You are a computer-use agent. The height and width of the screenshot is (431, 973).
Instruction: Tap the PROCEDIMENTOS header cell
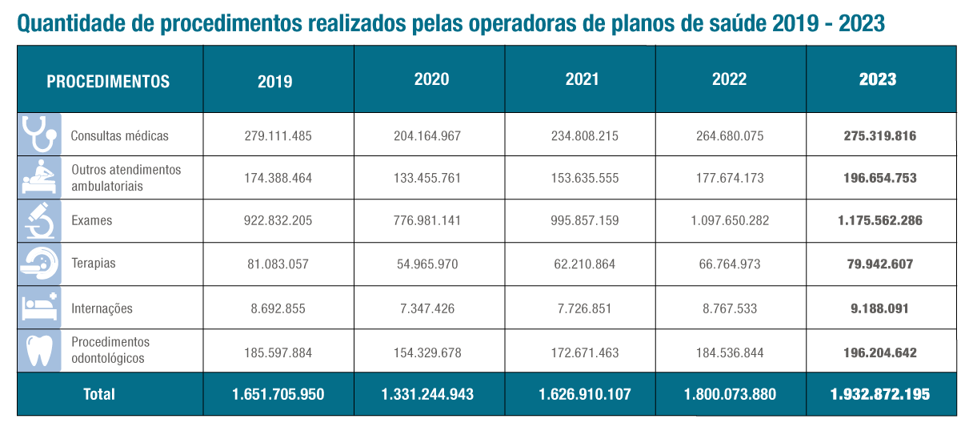(108, 81)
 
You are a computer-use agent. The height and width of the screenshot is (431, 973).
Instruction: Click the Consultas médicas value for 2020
(429, 135)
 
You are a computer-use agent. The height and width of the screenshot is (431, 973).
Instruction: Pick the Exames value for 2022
(730, 220)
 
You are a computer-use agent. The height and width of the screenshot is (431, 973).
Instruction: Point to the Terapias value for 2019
(278, 264)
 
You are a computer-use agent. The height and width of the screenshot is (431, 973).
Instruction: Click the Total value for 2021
(579, 394)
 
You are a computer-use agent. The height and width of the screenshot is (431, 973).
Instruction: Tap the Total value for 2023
(880, 394)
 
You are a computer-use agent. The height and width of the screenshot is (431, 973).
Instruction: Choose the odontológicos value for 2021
(579, 352)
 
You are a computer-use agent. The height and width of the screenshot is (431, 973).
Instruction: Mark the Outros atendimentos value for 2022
(730, 178)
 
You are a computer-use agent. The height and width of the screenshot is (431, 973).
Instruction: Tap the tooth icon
(38, 350)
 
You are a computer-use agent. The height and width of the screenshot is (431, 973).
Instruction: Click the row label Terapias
(93, 264)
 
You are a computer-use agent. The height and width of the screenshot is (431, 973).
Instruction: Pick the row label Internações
(102, 308)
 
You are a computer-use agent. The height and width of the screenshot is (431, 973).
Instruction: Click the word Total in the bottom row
(99, 394)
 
